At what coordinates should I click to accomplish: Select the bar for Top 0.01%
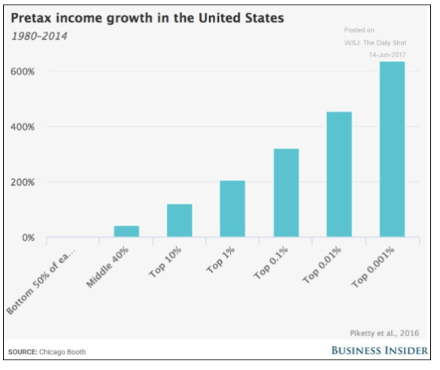point(338,174)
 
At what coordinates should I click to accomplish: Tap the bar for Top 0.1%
point(285,193)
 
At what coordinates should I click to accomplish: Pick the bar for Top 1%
point(232,209)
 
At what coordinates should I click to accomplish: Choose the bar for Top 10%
point(179,220)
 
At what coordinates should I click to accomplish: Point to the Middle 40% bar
point(126,231)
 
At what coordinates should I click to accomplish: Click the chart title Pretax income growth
point(147,18)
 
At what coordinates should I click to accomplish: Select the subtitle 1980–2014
point(38,36)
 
